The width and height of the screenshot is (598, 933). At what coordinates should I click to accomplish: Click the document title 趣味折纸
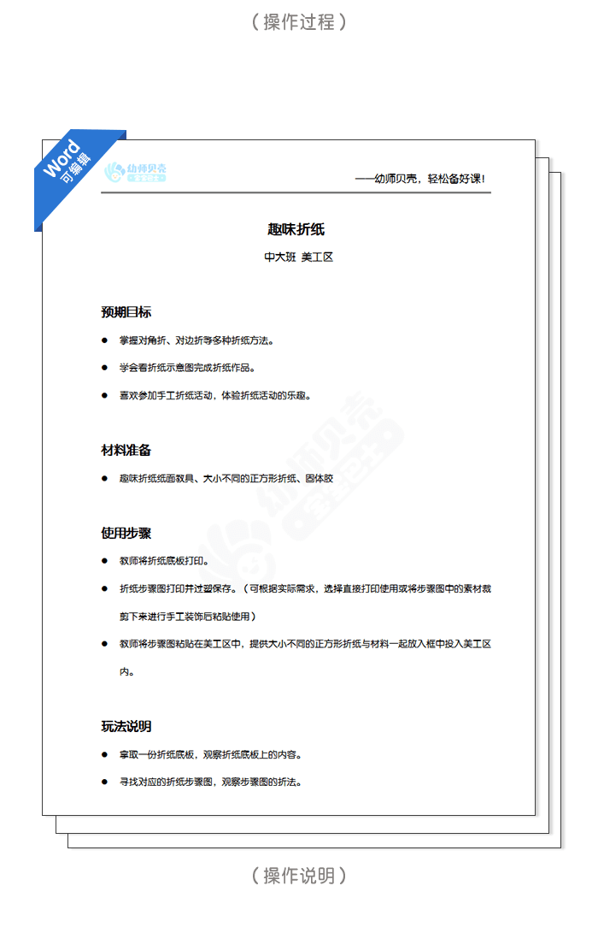(296, 229)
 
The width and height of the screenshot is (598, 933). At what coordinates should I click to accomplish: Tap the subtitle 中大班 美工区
(298, 257)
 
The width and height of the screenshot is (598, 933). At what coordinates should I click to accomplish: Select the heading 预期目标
(126, 312)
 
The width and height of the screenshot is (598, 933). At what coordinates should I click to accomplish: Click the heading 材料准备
(126, 450)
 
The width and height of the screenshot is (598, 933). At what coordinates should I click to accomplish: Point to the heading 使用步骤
(126, 533)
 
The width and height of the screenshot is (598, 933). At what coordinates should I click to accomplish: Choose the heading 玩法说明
(126, 726)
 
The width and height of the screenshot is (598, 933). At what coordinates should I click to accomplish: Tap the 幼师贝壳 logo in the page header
(135, 173)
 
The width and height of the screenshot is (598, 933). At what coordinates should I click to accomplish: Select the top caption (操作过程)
(299, 22)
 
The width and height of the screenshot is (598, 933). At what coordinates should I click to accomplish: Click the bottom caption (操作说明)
(299, 876)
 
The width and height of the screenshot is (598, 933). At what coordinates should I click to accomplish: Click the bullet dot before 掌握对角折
(104, 340)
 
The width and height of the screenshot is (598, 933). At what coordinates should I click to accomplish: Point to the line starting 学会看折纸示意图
(188, 368)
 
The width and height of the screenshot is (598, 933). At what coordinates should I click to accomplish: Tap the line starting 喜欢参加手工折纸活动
(215, 396)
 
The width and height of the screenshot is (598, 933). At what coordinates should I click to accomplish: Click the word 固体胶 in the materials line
(319, 479)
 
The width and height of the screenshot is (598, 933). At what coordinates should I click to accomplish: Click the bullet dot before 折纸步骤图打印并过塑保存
(104, 589)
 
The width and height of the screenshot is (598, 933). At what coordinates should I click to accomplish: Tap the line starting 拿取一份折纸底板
(210, 755)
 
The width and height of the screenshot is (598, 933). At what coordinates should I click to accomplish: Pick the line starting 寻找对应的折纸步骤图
(210, 782)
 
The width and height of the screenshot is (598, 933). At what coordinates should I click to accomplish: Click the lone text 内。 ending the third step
(126, 672)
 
